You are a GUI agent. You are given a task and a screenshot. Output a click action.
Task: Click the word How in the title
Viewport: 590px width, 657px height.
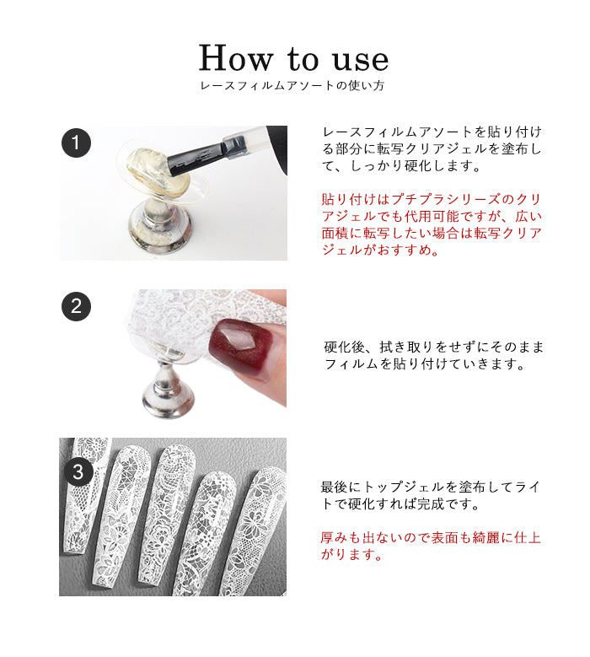(236, 58)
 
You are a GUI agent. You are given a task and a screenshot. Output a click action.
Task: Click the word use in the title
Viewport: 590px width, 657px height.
(361, 61)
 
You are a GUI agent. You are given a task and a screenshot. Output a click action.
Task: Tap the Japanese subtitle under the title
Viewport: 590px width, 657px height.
(292, 85)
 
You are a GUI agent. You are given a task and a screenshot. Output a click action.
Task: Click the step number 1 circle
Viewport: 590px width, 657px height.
(76, 143)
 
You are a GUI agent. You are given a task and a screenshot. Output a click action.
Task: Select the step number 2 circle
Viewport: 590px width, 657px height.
(76, 306)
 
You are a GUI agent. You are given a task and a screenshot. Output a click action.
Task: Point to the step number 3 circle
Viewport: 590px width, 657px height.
(78, 472)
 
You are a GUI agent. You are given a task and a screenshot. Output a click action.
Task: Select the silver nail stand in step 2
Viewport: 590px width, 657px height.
(169, 385)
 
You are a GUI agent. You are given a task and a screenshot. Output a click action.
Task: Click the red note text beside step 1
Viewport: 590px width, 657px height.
(432, 224)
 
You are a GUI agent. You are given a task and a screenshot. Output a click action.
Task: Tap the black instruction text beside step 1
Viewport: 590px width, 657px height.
(432, 148)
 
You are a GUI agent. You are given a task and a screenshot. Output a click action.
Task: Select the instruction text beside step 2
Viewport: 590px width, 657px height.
(433, 355)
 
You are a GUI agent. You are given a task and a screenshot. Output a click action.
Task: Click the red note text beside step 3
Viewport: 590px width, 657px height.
(431, 546)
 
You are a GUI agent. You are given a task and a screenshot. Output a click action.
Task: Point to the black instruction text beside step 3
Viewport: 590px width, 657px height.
(430, 495)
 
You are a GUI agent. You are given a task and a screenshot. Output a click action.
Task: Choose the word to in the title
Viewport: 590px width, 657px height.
(303, 59)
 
